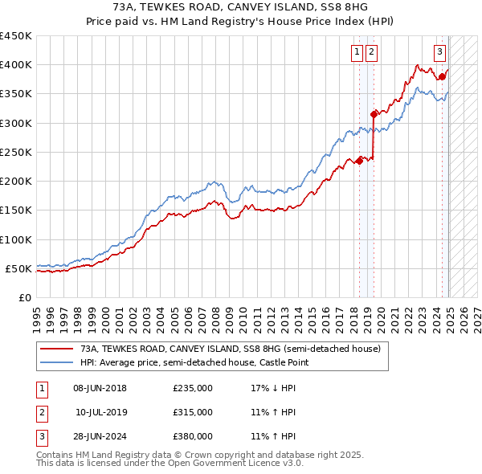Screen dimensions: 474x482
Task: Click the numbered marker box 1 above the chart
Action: [357, 53]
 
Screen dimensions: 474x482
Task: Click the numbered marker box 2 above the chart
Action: [372, 53]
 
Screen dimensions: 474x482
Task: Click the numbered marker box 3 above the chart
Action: [440, 53]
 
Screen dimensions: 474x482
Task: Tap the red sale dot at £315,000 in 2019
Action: [374, 114]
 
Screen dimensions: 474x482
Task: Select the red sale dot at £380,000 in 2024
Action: [442, 77]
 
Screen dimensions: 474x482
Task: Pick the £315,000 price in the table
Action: [193, 412]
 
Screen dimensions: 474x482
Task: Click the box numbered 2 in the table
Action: [41, 412]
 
